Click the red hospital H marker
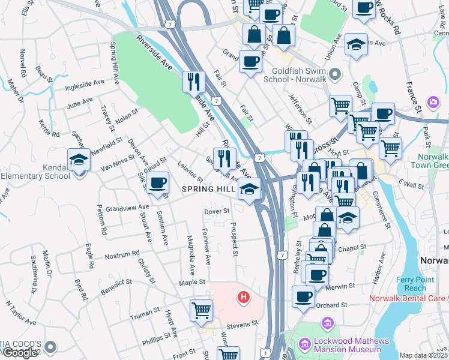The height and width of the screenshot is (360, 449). (x=244, y=296)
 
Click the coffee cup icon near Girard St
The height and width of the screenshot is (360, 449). (x=158, y=182)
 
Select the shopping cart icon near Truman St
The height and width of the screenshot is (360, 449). (x=202, y=310)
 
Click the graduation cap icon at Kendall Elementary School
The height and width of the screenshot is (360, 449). (x=79, y=160)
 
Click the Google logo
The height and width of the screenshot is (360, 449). (x=20, y=353)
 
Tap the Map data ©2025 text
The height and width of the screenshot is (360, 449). (x=423, y=355)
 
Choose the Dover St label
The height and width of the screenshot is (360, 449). (x=217, y=211)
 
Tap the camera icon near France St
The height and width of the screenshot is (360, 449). (x=432, y=103)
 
